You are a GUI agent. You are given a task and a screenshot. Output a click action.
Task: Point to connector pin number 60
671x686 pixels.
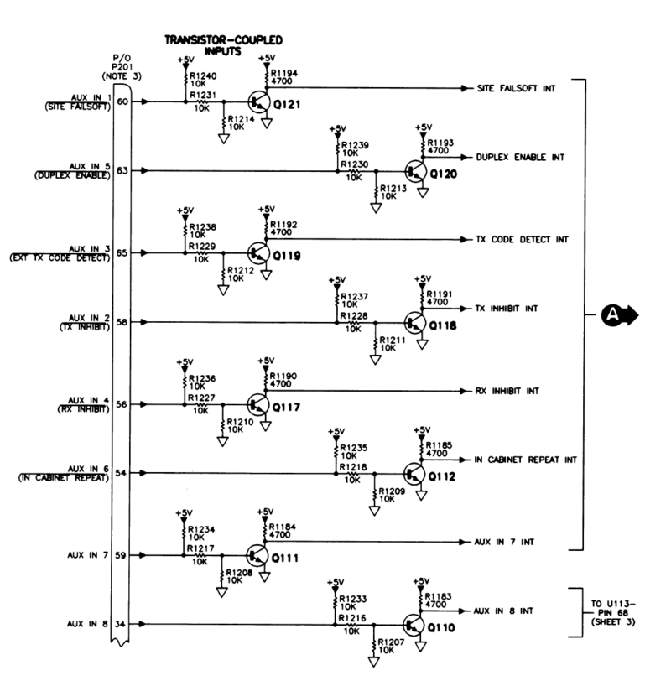pos(122,101)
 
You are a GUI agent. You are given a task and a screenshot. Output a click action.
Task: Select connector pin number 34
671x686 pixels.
pos(122,625)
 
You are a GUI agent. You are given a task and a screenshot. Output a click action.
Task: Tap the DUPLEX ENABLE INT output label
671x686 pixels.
pos(520,157)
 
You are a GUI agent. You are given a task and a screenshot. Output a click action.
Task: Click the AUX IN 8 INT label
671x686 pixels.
pos(503,611)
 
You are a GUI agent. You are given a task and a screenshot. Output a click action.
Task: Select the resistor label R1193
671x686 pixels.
pos(440,143)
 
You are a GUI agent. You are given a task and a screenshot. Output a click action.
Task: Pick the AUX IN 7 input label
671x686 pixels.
pos(86,555)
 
